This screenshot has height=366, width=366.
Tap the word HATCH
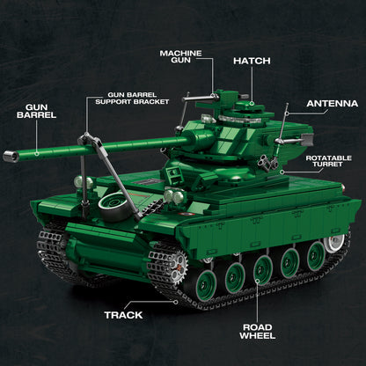click(251, 62)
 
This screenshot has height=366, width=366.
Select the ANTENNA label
click(332, 103)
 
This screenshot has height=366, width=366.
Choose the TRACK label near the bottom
click(124, 314)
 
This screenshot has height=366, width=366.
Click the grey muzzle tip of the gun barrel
click(11, 157)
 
